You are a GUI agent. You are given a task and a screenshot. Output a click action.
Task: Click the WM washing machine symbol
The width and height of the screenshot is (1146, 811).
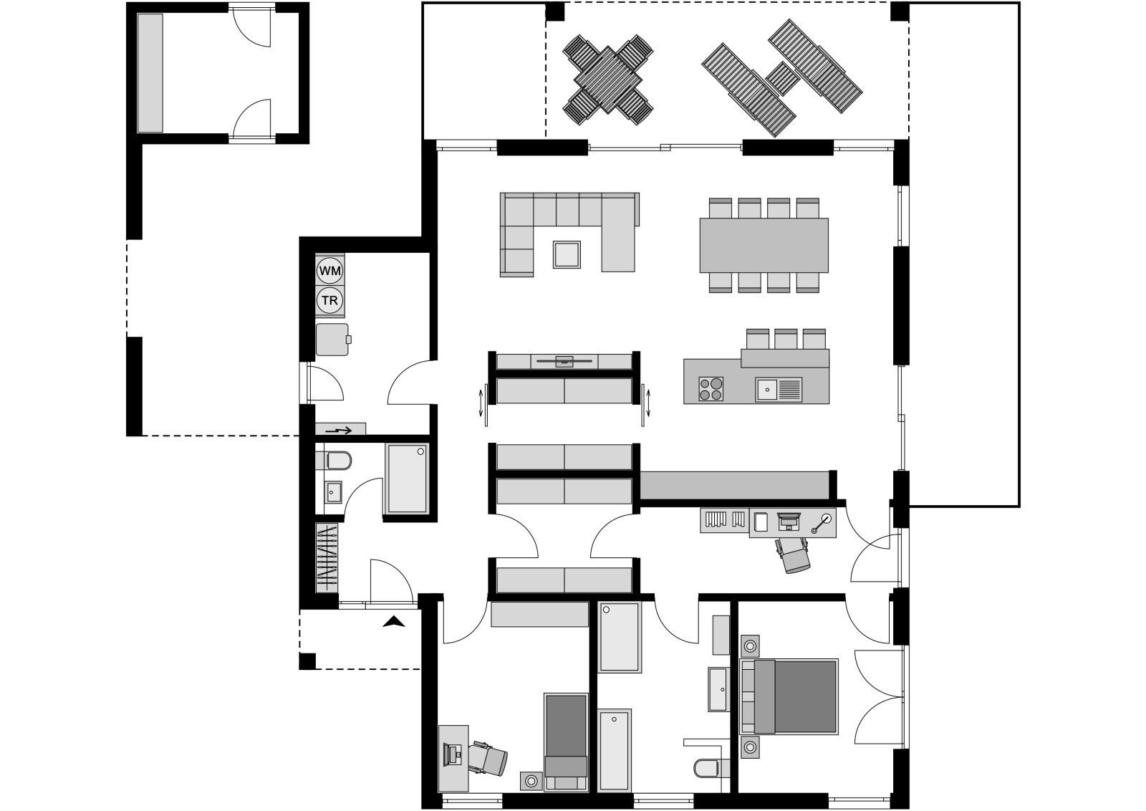tap(330, 271)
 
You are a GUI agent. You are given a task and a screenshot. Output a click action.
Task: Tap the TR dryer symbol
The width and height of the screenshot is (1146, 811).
tap(330, 300)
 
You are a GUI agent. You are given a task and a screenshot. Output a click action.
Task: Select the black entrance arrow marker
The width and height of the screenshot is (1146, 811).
tap(393, 622)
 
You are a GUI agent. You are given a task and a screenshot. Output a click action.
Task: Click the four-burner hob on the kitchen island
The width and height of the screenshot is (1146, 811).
tap(711, 388)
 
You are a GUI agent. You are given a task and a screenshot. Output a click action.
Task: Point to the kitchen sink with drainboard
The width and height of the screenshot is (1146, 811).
tap(779, 390)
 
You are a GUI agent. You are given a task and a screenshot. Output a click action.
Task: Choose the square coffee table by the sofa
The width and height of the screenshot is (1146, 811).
tap(567, 254)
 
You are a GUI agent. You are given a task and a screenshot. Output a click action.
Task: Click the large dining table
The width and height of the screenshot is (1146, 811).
tap(764, 246)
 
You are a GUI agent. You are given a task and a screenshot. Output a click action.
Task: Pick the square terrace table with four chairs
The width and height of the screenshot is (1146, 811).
tap(608, 80)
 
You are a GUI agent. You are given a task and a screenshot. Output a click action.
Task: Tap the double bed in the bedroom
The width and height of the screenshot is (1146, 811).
tap(789, 696)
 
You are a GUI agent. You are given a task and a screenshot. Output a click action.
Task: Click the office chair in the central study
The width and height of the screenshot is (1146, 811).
tap(794, 555)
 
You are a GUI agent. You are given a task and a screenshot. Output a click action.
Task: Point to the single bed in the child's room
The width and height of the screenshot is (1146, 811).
tap(566, 742)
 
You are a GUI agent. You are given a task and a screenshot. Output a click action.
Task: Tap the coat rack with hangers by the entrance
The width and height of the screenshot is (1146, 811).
tap(327, 557)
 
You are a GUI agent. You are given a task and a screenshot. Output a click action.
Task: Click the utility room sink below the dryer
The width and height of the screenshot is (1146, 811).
tap(332, 340)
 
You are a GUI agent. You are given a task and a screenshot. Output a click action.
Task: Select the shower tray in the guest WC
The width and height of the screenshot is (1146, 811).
tap(407, 479)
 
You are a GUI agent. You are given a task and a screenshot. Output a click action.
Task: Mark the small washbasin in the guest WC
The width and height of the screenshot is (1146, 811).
tap(333, 492)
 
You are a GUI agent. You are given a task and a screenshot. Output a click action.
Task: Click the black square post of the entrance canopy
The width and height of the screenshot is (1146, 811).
tap(307, 661)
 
